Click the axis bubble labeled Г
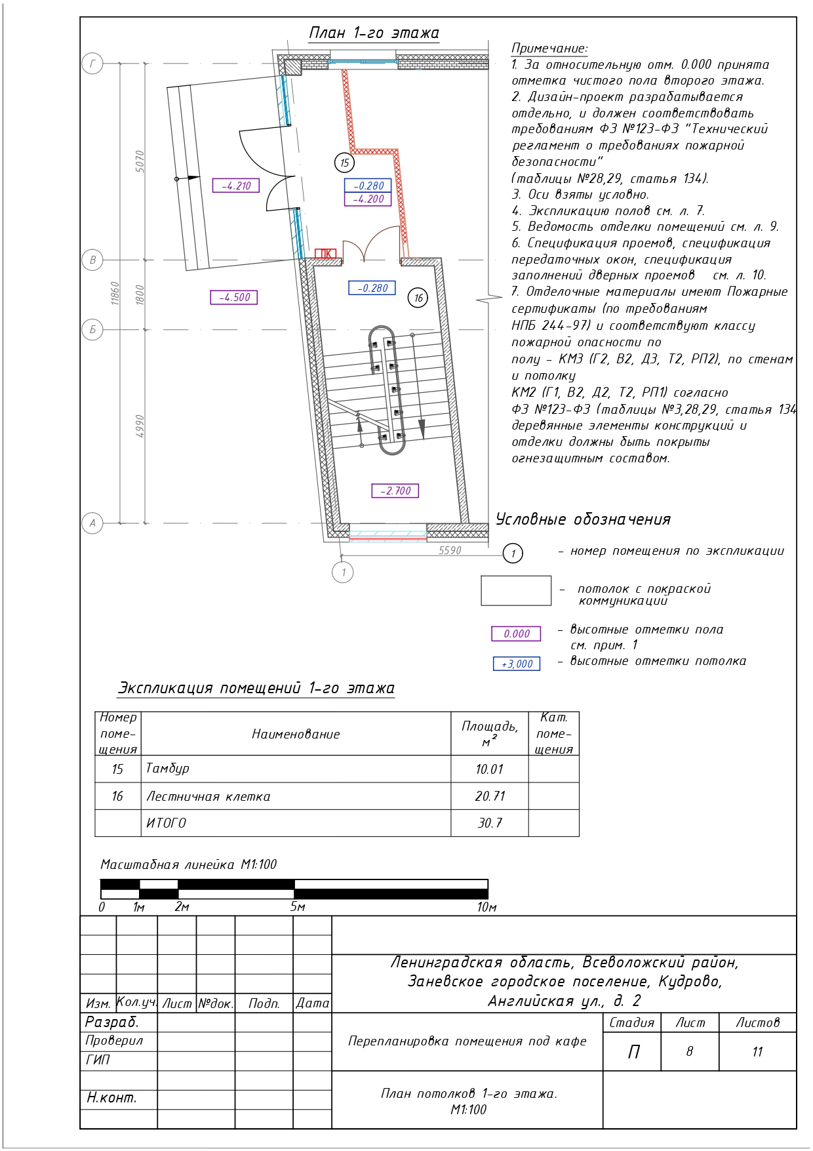click(x=92, y=64)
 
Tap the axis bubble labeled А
click(x=92, y=523)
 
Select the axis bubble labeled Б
click(x=92, y=329)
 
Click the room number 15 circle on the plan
click(x=344, y=163)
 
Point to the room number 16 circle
click(x=418, y=298)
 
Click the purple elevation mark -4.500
click(x=234, y=297)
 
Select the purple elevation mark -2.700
click(x=395, y=491)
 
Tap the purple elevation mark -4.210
click(x=236, y=186)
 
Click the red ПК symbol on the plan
click(x=325, y=254)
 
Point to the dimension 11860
click(x=115, y=293)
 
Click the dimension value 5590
click(x=450, y=550)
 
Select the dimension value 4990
click(x=140, y=426)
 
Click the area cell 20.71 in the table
click(x=490, y=796)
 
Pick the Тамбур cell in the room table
click(x=168, y=769)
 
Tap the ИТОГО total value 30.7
click(x=490, y=823)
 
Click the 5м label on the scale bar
click(x=298, y=907)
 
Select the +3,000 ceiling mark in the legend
click(x=517, y=664)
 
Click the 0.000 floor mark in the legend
click(x=517, y=634)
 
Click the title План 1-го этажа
click(x=374, y=33)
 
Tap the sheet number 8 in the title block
click(x=689, y=1051)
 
